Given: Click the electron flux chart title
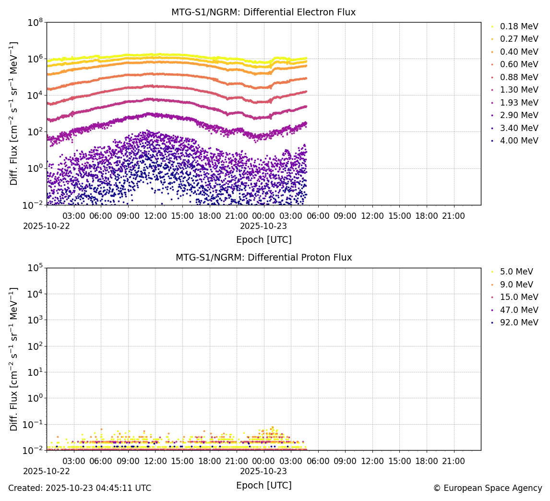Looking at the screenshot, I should pos(263,12).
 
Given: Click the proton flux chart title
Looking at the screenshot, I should pos(263,258).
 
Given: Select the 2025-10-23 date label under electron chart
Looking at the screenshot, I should pos(263,226).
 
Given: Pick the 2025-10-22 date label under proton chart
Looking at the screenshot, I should pos(47,471).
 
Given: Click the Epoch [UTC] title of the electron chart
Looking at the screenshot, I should pos(263,239).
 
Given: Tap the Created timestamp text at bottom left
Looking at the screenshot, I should pos(80,488).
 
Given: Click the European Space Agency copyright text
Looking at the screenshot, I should pos(487,488).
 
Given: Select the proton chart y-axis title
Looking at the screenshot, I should pos(14,359).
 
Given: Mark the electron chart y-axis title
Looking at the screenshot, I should pos(14,113).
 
